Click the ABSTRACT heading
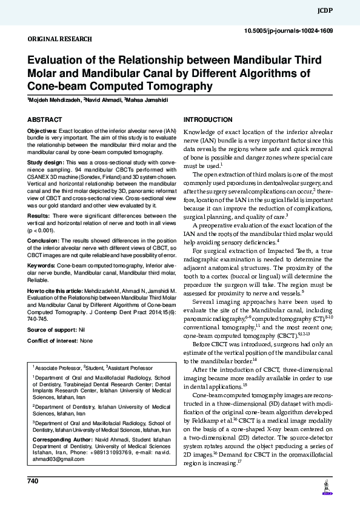coord(44,120)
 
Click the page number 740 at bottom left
coord(33,481)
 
